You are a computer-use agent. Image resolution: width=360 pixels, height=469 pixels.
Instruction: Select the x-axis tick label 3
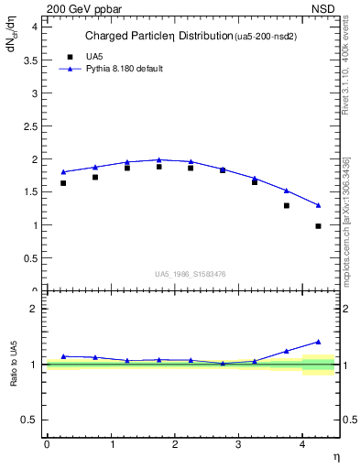coord(238,444)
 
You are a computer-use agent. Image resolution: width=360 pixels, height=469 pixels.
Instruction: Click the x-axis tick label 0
coord(47,444)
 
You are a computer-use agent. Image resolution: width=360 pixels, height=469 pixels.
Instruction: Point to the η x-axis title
coord(336,456)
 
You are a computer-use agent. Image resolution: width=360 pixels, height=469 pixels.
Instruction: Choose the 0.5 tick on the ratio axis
coord(29,420)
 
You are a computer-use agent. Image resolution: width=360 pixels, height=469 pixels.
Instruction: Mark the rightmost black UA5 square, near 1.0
coord(318,225)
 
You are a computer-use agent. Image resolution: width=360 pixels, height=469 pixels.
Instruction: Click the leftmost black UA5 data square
coord(63,183)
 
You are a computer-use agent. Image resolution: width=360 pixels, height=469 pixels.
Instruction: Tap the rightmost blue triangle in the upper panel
coord(318,205)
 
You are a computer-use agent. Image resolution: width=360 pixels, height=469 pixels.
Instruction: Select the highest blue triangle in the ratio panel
coord(318,342)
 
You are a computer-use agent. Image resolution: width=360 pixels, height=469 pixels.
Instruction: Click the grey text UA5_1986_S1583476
coord(191,273)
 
